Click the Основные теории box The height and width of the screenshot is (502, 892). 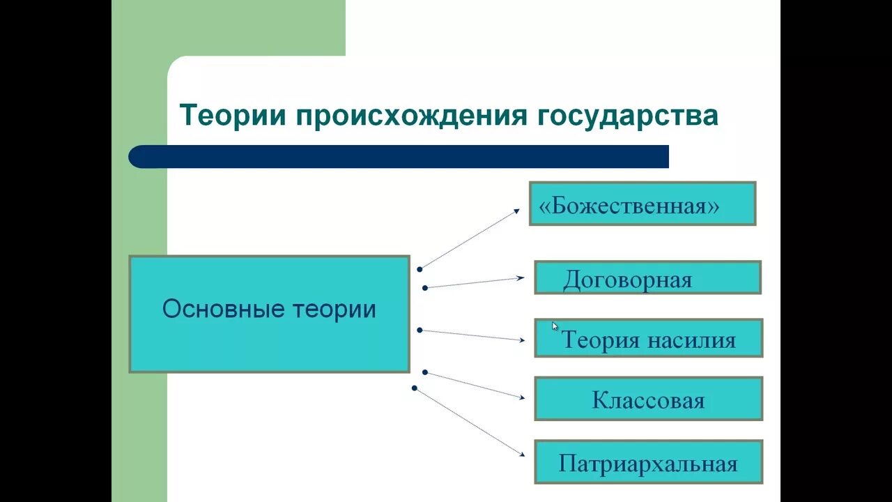(x=269, y=313)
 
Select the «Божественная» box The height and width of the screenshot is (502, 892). (x=642, y=204)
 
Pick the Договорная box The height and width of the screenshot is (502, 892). (x=647, y=277)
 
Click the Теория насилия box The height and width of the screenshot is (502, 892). (x=648, y=338)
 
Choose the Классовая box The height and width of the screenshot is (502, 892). (x=648, y=399)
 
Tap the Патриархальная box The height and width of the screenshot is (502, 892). (x=648, y=462)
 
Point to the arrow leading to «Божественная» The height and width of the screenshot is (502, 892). (x=470, y=238)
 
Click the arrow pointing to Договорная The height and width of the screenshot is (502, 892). (x=474, y=282)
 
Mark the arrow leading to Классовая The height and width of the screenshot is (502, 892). (x=474, y=385)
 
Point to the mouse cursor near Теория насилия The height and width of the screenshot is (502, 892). (x=555, y=326)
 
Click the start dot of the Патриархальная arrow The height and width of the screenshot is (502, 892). (x=415, y=388)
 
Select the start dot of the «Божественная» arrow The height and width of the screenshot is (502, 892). (x=420, y=268)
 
